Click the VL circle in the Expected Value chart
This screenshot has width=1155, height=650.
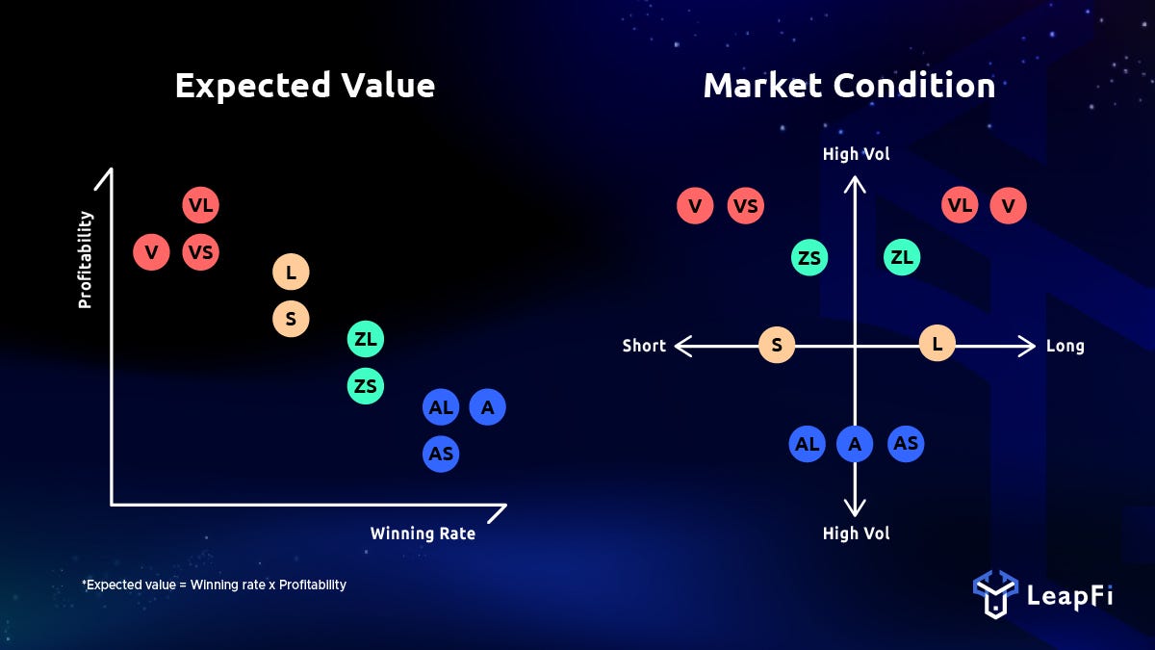click(x=200, y=205)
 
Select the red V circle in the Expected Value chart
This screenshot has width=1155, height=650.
click(x=151, y=252)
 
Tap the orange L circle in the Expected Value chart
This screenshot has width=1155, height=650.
click(x=291, y=272)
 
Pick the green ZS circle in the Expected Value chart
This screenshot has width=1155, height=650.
click(x=366, y=386)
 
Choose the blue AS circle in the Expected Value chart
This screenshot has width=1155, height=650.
click(x=441, y=454)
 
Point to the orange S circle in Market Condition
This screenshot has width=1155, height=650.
click(x=777, y=345)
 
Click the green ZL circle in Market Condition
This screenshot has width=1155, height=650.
click(x=902, y=257)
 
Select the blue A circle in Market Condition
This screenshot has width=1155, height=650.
click(x=855, y=444)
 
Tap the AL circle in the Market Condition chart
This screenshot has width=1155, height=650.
click(x=807, y=444)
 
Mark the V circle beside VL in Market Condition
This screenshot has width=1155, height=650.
click(x=1008, y=206)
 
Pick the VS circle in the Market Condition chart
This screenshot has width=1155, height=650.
click(x=746, y=206)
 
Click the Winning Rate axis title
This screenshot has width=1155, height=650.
click(x=423, y=533)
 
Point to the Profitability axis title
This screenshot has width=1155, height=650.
click(x=85, y=259)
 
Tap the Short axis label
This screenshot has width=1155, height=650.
click(x=644, y=346)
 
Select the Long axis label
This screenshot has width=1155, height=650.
click(x=1065, y=346)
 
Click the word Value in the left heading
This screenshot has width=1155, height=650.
click(x=388, y=85)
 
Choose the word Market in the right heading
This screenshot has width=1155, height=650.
click(x=763, y=85)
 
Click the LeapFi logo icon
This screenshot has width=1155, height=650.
click(x=995, y=594)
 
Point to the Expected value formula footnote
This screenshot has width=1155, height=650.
click(x=214, y=585)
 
